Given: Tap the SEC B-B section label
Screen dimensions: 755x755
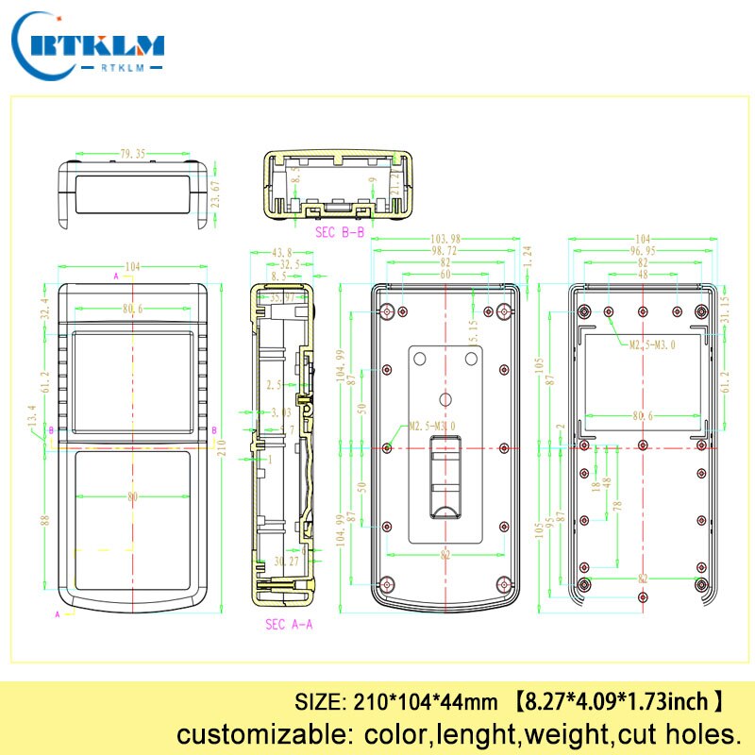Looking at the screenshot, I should pyautogui.click(x=339, y=229).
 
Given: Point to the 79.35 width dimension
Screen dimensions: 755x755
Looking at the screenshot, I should pyautogui.click(x=132, y=153).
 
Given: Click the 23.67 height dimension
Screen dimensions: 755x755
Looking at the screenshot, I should pyautogui.click(x=214, y=193).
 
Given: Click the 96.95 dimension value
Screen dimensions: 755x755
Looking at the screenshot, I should pyautogui.click(x=643, y=251).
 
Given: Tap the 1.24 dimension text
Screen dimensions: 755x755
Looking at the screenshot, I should pyautogui.click(x=528, y=253).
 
